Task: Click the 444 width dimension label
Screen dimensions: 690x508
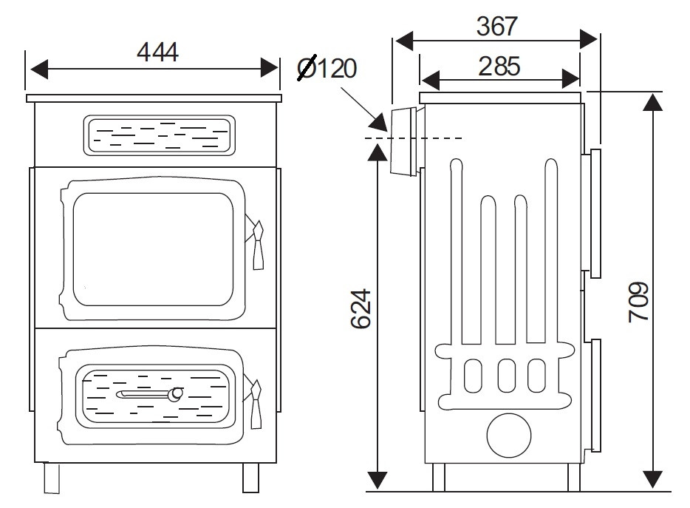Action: [x=157, y=52]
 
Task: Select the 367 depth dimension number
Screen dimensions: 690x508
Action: [x=497, y=26]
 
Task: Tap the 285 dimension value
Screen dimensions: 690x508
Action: [x=499, y=66]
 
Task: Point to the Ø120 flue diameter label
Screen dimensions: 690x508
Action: [x=327, y=68]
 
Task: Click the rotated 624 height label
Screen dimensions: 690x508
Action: [x=361, y=308]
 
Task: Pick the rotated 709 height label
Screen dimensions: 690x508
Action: [x=638, y=302]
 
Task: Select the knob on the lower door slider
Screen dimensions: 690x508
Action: [x=176, y=394]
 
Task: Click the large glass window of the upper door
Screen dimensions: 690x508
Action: [x=153, y=249]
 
